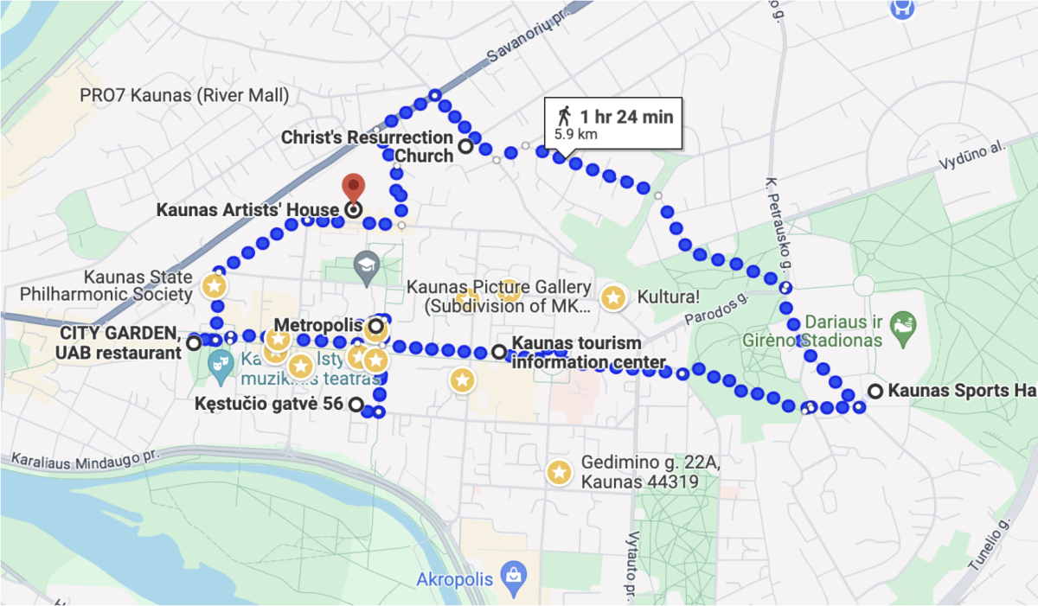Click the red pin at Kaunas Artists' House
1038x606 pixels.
[353, 186]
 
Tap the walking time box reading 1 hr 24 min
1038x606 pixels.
[613, 124]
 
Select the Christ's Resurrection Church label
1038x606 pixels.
[368, 147]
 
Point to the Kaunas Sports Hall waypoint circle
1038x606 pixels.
[875, 391]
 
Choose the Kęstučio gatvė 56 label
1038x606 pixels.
[270, 404]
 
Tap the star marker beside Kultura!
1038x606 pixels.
[613, 298]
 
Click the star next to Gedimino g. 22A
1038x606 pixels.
[559, 472]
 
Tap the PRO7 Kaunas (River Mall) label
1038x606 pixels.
[184, 95]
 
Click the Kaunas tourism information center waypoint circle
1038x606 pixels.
[499, 352]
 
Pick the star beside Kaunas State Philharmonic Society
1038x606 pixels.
[215, 284]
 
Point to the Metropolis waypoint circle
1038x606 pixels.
[376, 327]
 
